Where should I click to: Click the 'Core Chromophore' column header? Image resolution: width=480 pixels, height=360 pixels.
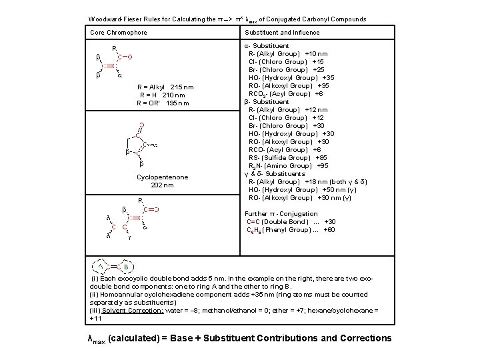[118, 33]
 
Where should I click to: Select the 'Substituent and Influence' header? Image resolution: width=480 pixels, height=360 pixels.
[282, 33]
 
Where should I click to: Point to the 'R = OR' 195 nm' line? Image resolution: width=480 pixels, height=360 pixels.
[163, 103]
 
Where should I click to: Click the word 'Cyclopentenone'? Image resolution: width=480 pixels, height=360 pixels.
[162, 177]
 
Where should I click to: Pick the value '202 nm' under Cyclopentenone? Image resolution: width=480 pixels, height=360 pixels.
[162, 185]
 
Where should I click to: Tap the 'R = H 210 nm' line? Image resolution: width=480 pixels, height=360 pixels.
[163, 95]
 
